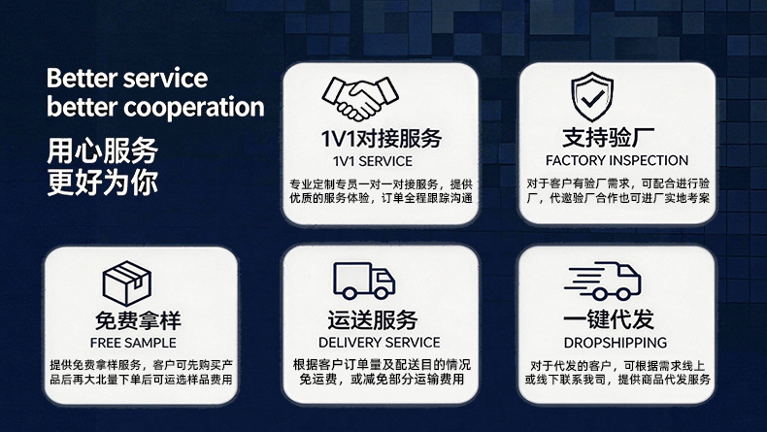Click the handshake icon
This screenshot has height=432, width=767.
coord(360,98)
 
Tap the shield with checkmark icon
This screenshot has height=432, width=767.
coord(592,96)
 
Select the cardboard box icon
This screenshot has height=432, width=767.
coord(126,283)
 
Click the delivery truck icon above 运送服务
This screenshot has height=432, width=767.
coord(364,281)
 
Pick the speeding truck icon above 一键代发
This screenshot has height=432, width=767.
coord(602,281)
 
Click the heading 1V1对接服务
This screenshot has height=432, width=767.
coord(381,138)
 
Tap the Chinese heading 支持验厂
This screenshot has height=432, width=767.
coord(608,138)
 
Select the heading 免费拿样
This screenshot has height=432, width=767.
coord(138,320)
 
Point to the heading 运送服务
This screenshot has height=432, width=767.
coord(373,320)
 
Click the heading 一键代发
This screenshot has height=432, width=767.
coord(609,319)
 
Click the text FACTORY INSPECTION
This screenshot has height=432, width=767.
coord(617,160)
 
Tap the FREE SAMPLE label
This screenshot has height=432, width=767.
coord(133,343)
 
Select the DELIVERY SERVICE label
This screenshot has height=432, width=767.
coord(379,343)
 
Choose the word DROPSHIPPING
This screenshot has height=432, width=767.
coord(615,343)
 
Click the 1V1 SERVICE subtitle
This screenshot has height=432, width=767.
coord(373,161)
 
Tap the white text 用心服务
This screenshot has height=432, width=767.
coord(103,150)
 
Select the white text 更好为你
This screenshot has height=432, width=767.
coord(103,183)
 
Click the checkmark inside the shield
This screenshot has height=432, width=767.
coord(592,99)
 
